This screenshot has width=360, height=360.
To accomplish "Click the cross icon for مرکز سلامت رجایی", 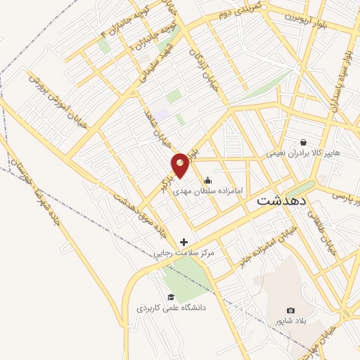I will coord(184,241).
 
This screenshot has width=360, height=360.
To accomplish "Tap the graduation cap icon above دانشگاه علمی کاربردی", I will coord(170,297).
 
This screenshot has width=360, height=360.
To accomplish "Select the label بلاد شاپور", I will coord(291,321).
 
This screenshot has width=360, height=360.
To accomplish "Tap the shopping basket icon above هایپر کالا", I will coord(303,141).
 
